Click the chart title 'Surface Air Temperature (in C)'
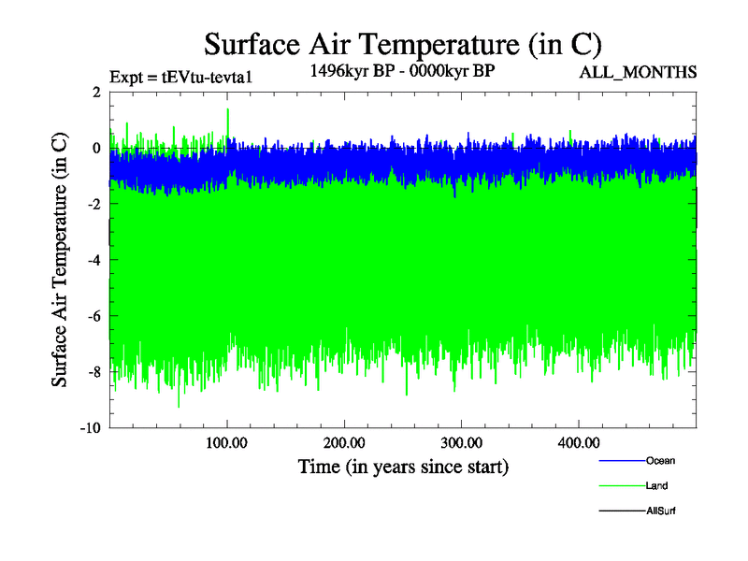tap(402, 43)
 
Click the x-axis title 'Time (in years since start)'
tap(403, 466)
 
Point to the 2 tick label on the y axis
tap(96, 93)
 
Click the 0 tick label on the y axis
tap(96, 149)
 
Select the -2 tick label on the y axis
tap(93, 205)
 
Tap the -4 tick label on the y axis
tap(93, 261)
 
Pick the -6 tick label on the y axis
tap(93, 317)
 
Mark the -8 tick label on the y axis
tap(93, 373)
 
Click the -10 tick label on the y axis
tap(90, 429)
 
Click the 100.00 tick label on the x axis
tap(227, 442)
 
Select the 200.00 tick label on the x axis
tap(345, 442)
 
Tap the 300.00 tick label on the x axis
tap(462, 442)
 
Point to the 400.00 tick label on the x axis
tap(579, 442)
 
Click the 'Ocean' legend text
tap(660, 461)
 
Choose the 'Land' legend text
tap(656, 486)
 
